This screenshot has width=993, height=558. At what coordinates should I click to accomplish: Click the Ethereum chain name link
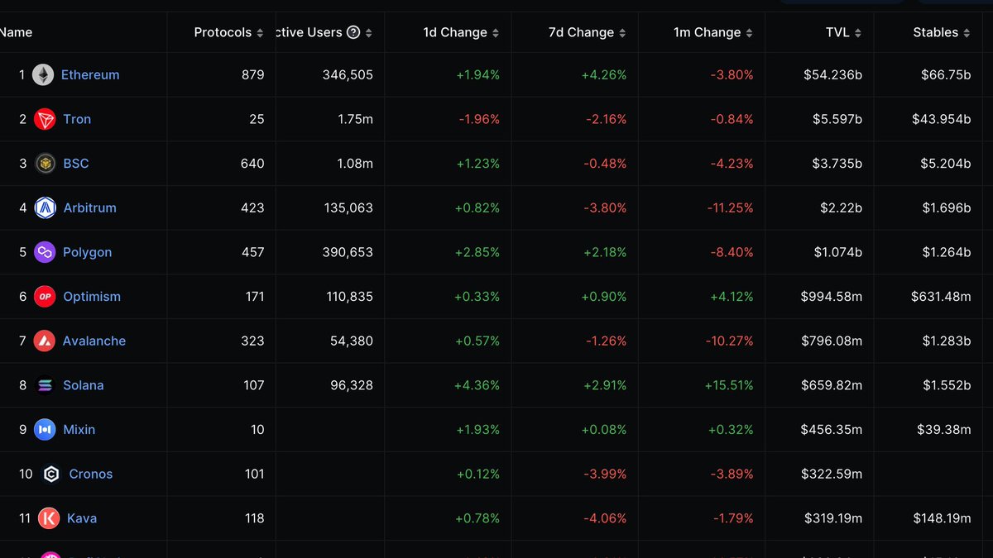(x=90, y=74)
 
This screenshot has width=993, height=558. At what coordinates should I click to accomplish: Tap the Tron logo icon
(x=45, y=119)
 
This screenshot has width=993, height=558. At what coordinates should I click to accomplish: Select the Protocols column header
(x=223, y=32)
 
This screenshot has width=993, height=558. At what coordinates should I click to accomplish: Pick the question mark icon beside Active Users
(x=353, y=32)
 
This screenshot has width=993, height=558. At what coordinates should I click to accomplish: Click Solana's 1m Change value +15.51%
(x=728, y=385)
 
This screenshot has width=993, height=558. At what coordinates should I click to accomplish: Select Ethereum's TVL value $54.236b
(x=832, y=74)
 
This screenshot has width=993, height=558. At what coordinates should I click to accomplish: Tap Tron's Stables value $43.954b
(x=941, y=119)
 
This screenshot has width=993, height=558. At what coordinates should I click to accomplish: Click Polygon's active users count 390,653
(x=348, y=252)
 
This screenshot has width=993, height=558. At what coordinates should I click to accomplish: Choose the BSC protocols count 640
(x=252, y=164)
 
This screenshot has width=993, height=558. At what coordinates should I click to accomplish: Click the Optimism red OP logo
(x=45, y=297)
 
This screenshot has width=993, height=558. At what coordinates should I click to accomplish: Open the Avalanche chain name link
(x=94, y=341)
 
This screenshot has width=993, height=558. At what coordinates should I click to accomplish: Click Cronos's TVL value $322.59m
(x=832, y=474)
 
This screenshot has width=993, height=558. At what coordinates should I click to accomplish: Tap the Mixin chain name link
(x=79, y=430)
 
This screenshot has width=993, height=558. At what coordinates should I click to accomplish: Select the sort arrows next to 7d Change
(x=622, y=33)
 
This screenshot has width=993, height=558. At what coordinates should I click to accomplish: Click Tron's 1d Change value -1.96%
(x=479, y=119)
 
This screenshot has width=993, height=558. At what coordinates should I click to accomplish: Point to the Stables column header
(x=936, y=32)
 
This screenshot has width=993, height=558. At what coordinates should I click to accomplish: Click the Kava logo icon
(x=49, y=518)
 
